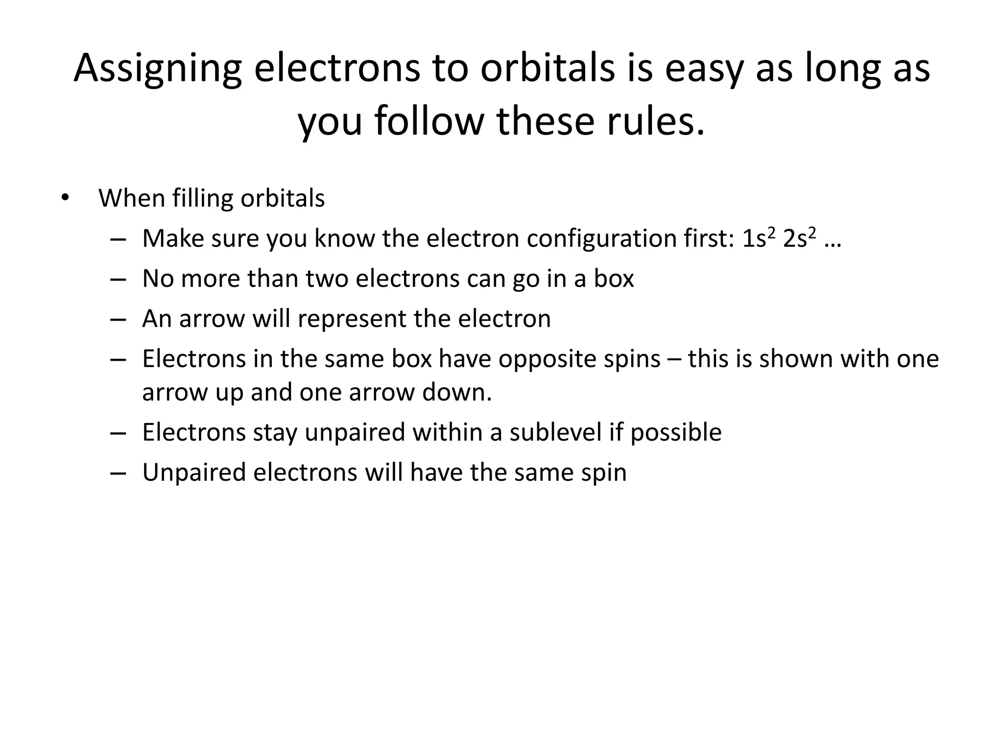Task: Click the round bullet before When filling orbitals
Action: click(x=65, y=198)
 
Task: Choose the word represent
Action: click(x=352, y=319)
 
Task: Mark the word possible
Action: click(x=676, y=432)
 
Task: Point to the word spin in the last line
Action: click(x=604, y=472)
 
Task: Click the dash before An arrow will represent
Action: click(x=118, y=319)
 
